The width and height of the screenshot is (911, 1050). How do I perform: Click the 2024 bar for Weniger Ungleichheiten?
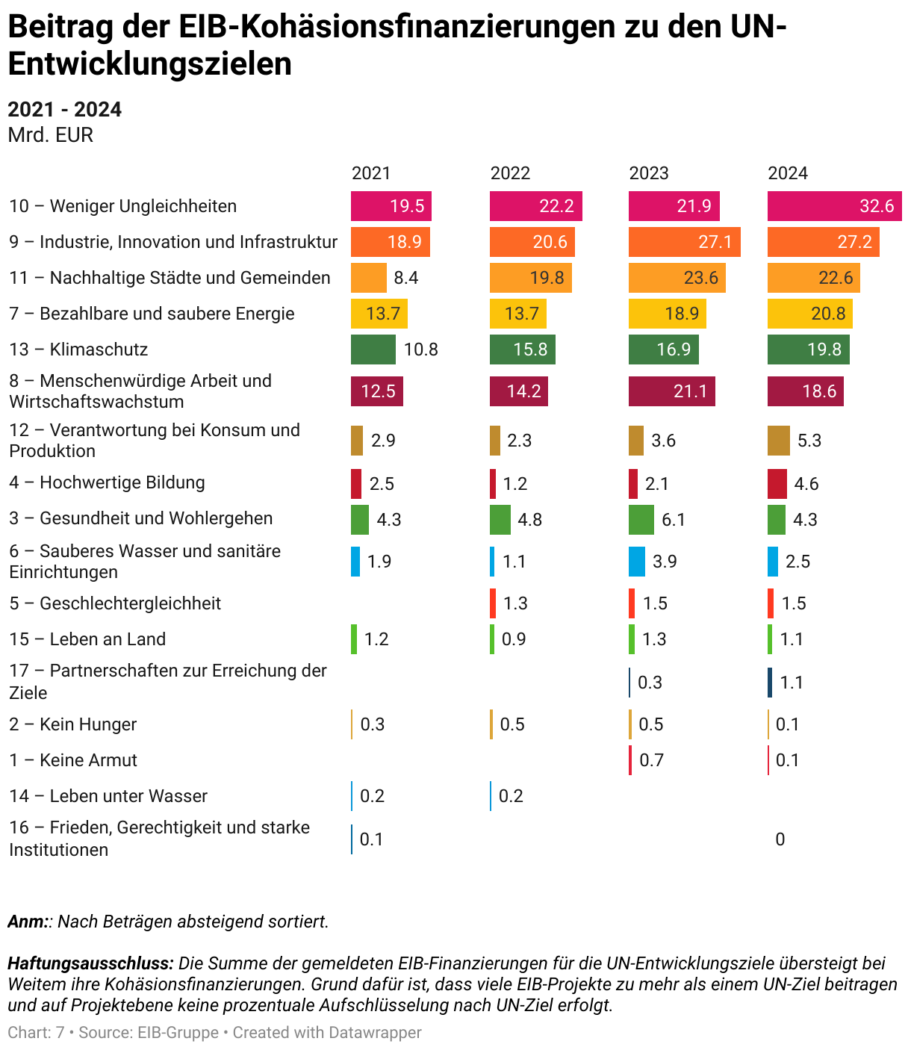pyautogui.click(x=834, y=206)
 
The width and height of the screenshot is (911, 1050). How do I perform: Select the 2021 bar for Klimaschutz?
pyautogui.click(x=373, y=350)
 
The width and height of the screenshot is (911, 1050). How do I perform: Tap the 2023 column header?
pyautogui.click(x=648, y=173)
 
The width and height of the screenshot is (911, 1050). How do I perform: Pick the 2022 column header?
pyautogui.click(x=510, y=173)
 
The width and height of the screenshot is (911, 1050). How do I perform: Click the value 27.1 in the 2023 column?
pyautogui.click(x=715, y=242)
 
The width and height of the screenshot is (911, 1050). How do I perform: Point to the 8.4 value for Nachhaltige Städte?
pyautogui.click(x=406, y=278)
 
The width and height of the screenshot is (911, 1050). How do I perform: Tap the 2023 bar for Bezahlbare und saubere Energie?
pyautogui.click(x=667, y=314)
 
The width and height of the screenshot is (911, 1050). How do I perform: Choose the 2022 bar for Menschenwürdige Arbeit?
pyautogui.click(x=518, y=391)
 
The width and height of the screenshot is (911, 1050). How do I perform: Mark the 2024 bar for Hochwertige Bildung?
pyautogui.click(x=777, y=484)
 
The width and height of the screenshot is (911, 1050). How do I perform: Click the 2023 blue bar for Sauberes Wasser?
pyautogui.click(x=636, y=562)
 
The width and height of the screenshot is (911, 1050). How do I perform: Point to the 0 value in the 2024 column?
pyautogui.click(x=780, y=839)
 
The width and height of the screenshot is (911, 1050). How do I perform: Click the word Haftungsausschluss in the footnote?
pyautogui.click(x=90, y=963)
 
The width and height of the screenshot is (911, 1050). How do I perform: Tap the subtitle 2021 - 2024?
pyautogui.click(x=64, y=110)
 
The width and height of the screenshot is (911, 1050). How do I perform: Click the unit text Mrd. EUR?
pyautogui.click(x=50, y=135)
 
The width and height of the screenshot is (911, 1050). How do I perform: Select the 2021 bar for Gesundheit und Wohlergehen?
pyautogui.click(x=359, y=520)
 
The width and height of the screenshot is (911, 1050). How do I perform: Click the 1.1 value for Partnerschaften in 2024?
pyautogui.click(x=792, y=683)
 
